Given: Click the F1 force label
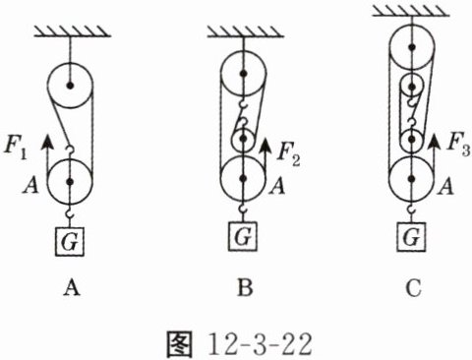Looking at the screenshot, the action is (15, 149).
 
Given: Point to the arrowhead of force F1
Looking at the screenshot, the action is (47, 142).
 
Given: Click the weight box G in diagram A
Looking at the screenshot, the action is (69, 242).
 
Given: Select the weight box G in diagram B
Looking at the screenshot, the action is (243, 236).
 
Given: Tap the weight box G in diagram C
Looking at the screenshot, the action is (412, 237).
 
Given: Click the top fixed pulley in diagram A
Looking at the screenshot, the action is (70, 86).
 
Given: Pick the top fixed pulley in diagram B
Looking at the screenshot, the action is (243, 74).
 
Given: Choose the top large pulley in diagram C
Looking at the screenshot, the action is (412, 47).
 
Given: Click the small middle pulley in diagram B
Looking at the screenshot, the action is (243, 139).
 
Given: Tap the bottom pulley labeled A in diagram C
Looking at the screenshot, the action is (412, 179).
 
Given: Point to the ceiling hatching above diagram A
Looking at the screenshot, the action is (73, 32).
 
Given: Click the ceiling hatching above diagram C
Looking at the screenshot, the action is (411, 11).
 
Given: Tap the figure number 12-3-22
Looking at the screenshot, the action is (260, 344).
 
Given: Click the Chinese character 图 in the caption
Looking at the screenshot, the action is (179, 344).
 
